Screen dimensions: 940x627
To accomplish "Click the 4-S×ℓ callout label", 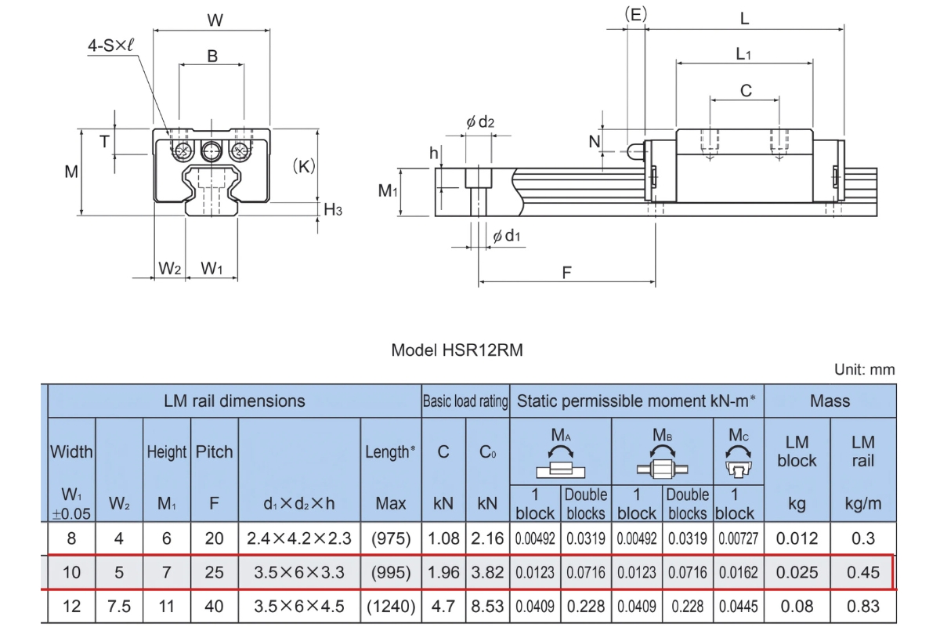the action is coord(110,45).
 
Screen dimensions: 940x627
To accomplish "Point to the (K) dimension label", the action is coord(302,166).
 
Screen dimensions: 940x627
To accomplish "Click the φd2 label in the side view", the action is coord(480,122).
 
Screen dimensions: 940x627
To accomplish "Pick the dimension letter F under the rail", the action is coord(566,272).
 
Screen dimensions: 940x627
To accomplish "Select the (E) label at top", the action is coord(635,13).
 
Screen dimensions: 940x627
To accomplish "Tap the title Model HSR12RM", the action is coord(457,350).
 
